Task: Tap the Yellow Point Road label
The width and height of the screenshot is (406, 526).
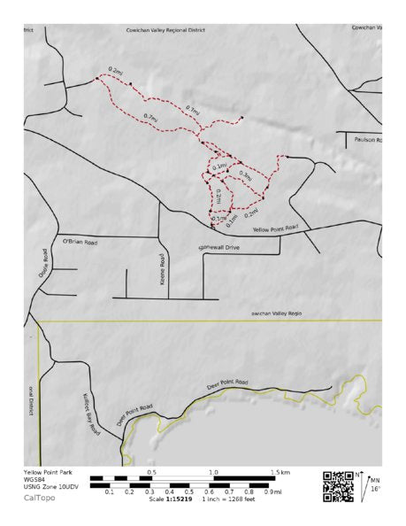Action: coord(275,229)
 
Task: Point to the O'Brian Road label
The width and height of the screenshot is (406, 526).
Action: coord(80,241)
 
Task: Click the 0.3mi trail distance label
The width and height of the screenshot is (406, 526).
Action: coord(245,176)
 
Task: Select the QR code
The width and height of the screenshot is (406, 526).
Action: coord(338,486)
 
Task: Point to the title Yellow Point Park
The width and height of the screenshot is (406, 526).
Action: coord(46,473)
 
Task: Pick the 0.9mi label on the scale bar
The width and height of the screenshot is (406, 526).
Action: coord(274,492)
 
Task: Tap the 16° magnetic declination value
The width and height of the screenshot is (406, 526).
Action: coord(374,489)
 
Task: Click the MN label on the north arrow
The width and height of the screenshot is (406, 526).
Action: coord(375,480)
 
